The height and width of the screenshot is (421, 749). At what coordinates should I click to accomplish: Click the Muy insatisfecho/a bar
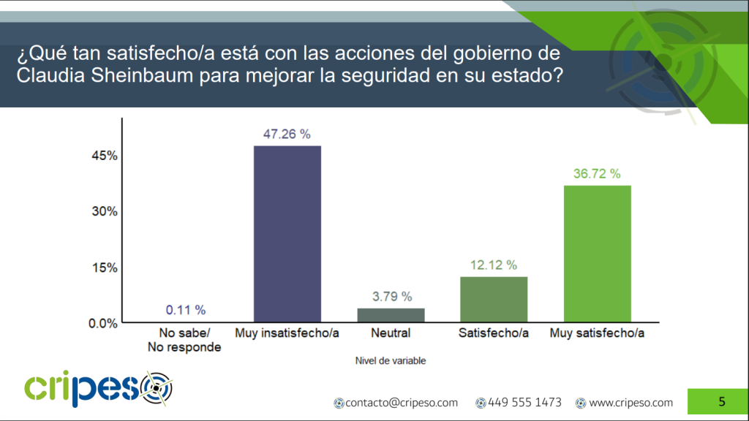pos(287,234)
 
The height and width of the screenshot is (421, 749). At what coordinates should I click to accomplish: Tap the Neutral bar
pos(391,315)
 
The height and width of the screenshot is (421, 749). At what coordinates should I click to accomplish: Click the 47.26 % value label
pos(287,134)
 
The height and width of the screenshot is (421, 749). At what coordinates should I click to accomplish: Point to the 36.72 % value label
pos(596,174)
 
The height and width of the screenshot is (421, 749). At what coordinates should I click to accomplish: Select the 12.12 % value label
pos(493,265)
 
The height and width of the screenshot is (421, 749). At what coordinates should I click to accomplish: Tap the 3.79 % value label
pos(391,297)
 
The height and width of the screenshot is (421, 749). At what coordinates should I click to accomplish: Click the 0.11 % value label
pos(185,310)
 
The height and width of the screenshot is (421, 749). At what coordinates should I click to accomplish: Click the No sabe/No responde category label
pos(184,341)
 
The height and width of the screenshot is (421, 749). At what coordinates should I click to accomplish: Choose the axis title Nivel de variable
pos(391,360)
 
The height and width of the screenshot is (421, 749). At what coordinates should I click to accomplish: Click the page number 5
pos(722,401)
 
